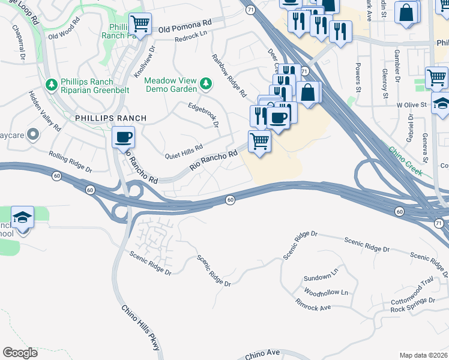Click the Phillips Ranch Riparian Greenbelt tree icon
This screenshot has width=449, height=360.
pyautogui.click(x=52, y=83)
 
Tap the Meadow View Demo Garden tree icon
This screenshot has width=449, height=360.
pyautogui.click(x=206, y=82)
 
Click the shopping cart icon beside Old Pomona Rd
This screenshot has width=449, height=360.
pyautogui.click(x=140, y=25)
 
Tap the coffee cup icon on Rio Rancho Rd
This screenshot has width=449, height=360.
pyautogui.click(x=123, y=137)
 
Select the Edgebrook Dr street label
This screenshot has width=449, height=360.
pyautogui.click(x=202, y=113)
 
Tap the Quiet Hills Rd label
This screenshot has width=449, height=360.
pyautogui.click(x=184, y=152)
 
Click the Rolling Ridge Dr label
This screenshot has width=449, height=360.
pyautogui.click(x=70, y=162)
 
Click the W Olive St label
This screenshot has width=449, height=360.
pyautogui.click(x=411, y=104)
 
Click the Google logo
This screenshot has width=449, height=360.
pyautogui.click(x=20, y=352)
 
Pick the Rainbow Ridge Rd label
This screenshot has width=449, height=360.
pyautogui.click(x=229, y=76)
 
